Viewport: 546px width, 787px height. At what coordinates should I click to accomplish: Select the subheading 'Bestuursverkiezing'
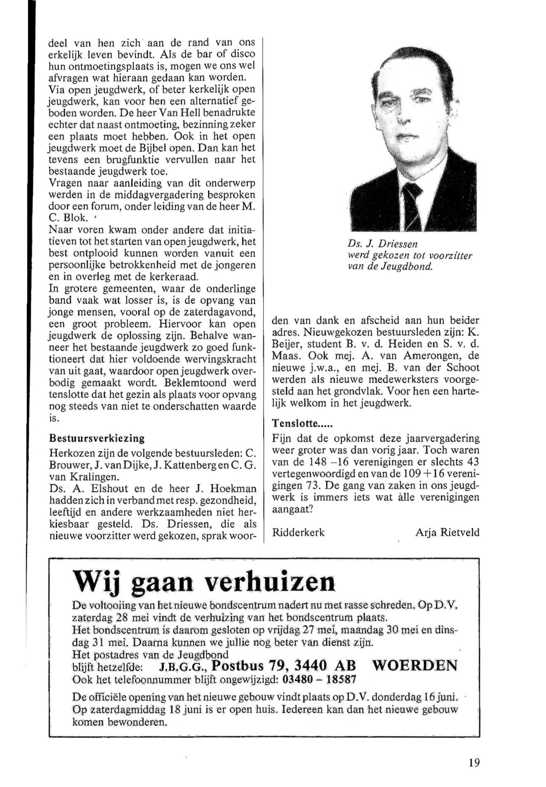point(97,438)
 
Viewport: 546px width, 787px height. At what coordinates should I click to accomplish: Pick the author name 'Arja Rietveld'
point(447,533)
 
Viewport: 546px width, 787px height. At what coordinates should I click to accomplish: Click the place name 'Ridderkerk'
point(298,533)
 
